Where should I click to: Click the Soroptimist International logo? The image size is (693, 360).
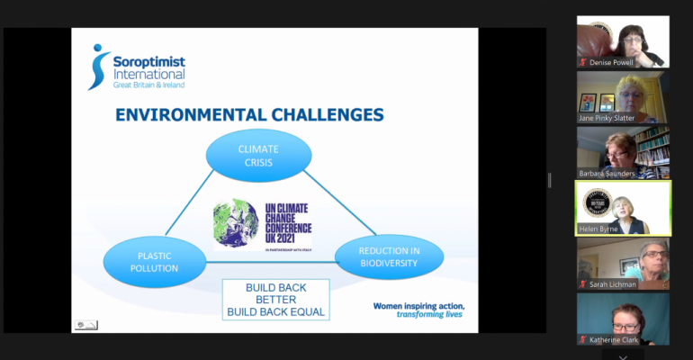click(136, 67)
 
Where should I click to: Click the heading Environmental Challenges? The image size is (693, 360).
click(248, 114)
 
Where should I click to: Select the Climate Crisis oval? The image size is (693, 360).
click(258, 155)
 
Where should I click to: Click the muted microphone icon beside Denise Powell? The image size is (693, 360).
click(583, 62)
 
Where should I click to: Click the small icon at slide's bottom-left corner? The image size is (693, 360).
click(85, 325)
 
